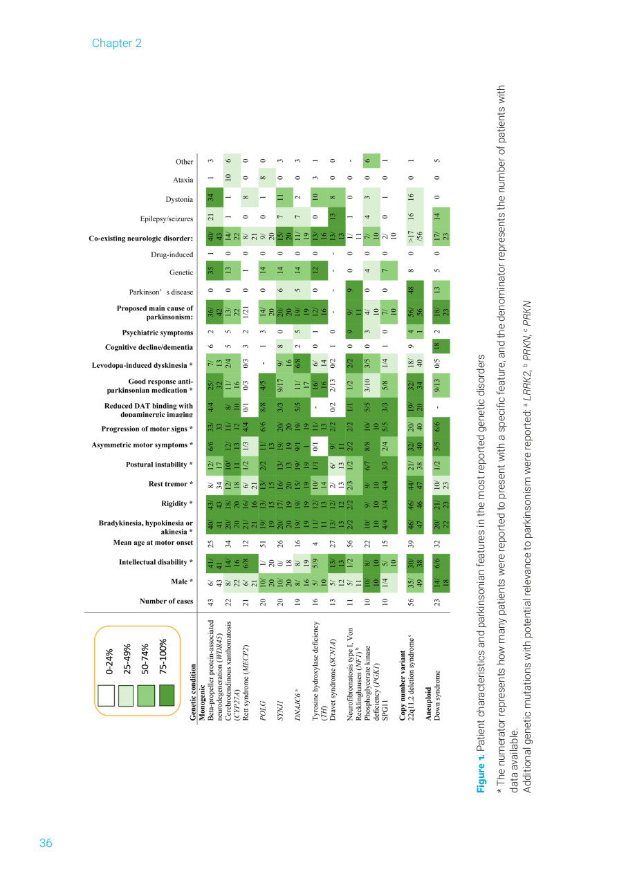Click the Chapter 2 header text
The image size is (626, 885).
[116, 43]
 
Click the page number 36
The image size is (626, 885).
[46, 843]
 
